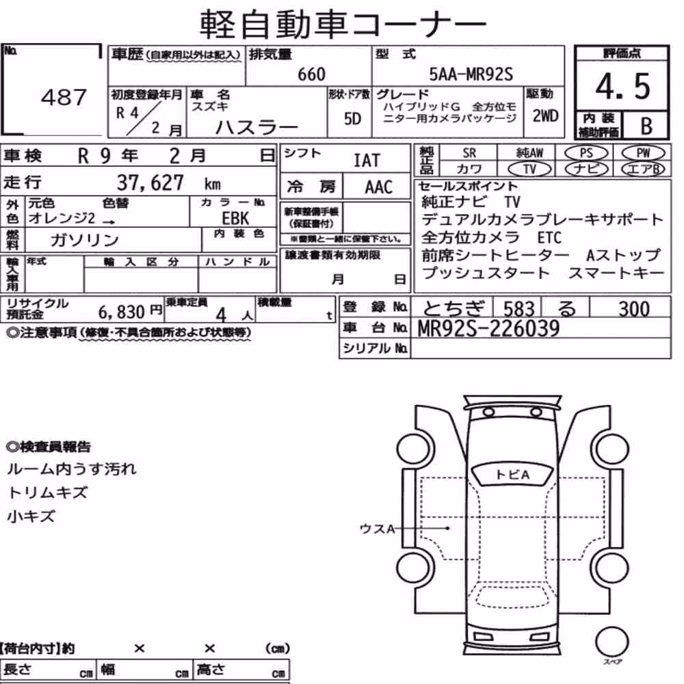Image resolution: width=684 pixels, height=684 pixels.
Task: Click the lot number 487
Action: (64, 97)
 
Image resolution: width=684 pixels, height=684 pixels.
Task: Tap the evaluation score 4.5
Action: (622, 86)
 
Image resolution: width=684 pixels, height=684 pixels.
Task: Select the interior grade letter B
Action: (646, 126)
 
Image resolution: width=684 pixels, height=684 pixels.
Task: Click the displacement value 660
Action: (311, 74)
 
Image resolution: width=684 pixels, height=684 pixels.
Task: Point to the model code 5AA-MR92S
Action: (471, 74)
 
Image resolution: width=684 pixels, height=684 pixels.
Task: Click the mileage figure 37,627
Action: (150, 183)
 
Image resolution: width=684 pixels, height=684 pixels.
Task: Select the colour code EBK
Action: (235, 218)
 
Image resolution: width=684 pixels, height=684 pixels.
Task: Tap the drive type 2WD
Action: (545, 116)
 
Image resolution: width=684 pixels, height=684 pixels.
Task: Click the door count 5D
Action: (352, 118)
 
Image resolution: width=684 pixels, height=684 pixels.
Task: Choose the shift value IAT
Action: (367, 161)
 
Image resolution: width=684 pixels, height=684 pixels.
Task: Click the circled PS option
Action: (586, 153)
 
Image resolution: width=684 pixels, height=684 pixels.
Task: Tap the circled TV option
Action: (529, 169)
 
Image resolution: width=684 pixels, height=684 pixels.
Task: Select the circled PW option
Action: (643, 153)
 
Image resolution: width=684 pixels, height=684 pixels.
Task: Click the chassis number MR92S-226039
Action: (488, 328)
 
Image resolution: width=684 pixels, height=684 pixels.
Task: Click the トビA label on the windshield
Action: (512, 475)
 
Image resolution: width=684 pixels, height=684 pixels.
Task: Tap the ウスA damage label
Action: (377, 529)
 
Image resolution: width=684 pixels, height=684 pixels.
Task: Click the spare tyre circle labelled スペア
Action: (611, 642)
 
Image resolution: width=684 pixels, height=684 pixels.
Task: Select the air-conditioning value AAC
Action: (379, 187)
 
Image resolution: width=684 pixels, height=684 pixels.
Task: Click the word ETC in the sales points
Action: (549, 238)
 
